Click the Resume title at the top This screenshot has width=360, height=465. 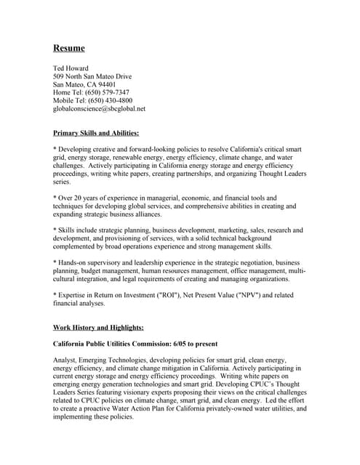[69, 49]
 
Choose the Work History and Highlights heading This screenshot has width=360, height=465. [98, 328]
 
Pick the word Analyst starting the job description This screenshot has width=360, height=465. [66, 360]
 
